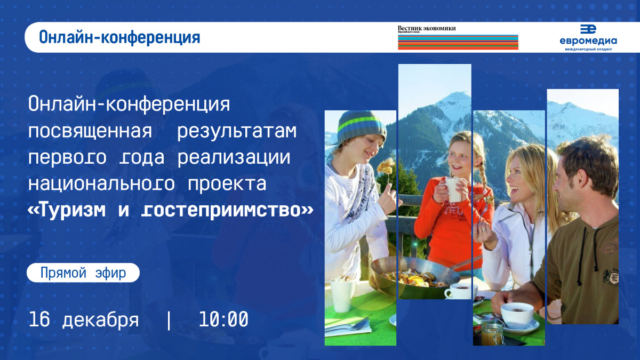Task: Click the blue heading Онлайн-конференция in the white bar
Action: [x=119, y=37]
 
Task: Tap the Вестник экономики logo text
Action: [x=427, y=28]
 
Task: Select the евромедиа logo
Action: [x=588, y=38]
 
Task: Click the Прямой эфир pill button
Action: [x=83, y=273]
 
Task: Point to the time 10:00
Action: [x=223, y=319]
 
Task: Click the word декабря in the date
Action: [x=100, y=319]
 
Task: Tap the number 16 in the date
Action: [x=39, y=319]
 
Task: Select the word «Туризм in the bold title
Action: [x=67, y=210]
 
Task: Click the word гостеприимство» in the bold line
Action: [x=227, y=211]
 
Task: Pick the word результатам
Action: [x=237, y=131]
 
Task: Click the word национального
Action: [x=101, y=183]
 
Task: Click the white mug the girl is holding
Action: [x=453, y=189]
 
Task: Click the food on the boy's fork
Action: [x=386, y=166]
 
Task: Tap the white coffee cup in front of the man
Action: [x=517, y=315]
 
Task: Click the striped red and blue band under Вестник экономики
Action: [x=458, y=42]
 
